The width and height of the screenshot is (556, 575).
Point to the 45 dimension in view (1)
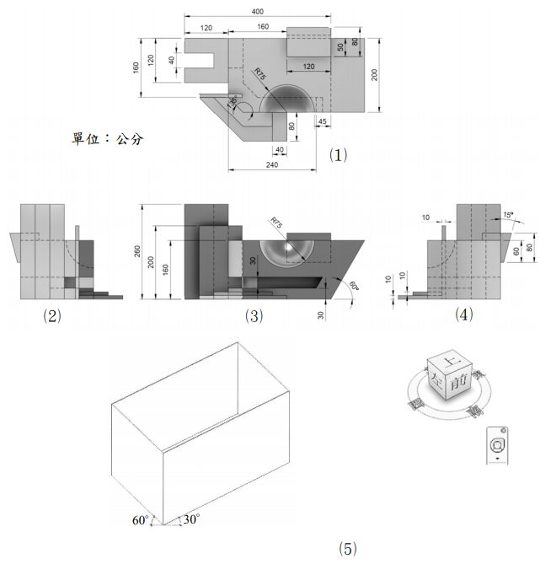[323, 121]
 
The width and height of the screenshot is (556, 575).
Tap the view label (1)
[338, 154]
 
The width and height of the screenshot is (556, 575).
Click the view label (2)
[52, 317]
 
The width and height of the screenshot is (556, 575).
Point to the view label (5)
[347, 549]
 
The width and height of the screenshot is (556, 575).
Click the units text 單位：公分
[107, 138]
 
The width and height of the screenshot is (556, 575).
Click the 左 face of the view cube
[437, 378]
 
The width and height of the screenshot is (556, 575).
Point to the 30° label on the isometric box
[191, 519]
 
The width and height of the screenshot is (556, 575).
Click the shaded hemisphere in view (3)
[286, 250]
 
